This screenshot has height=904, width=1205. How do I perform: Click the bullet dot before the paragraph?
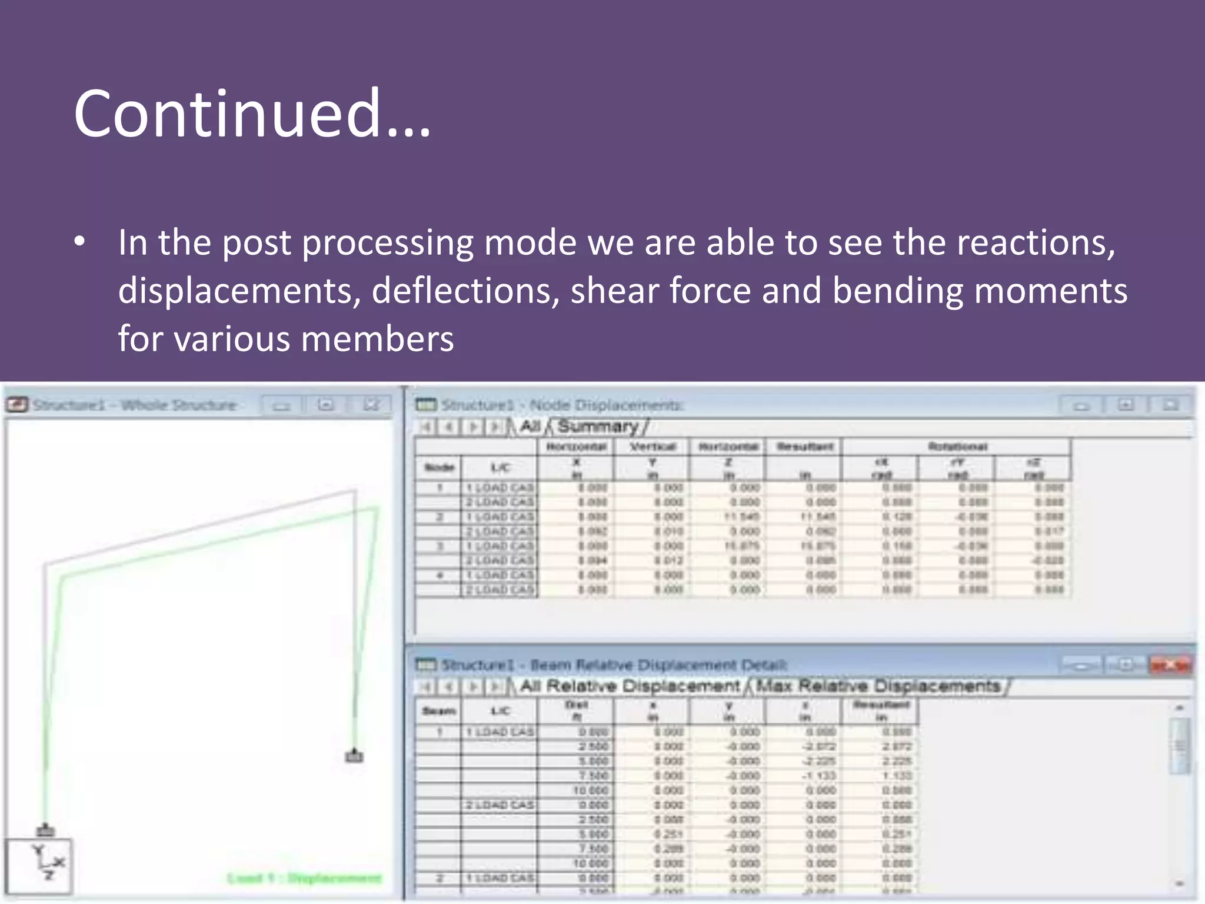click(x=80, y=242)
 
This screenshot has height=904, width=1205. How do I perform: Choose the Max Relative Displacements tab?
click(x=878, y=686)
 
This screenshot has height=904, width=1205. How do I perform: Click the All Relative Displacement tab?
click(x=630, y=686)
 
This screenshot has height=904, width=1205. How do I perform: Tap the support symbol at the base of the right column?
click(x=354, y=756)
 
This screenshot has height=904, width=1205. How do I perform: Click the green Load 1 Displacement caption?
click(x=304, y=879)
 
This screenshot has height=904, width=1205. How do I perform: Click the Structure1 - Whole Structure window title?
click(x=134, y=405)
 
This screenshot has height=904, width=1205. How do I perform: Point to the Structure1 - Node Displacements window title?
click(x=562, y=405)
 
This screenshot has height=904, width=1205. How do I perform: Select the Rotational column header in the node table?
click(x=957, y=447)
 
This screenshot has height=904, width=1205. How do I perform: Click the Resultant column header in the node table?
click(x=804, y=447)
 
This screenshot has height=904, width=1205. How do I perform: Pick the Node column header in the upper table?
click(x=439, y=468)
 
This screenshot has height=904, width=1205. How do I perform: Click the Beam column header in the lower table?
click(x=439, y=711)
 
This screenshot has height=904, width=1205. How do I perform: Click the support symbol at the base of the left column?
click(x=45, y=830)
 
